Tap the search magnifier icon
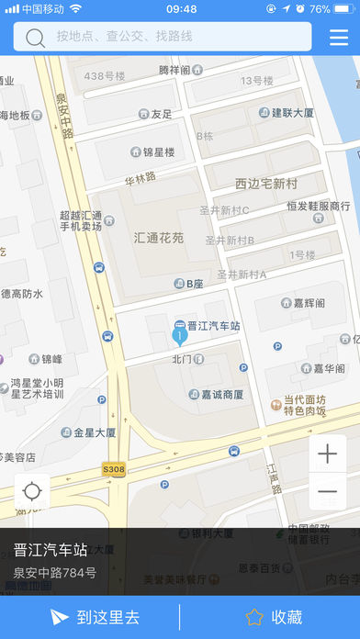coord(36,38)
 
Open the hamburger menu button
coord(339,38)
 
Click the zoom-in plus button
coord(328,454)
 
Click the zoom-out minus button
coord(328,493)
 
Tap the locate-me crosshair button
coord(32,491)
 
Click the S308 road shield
coord(113,469)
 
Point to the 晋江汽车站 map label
coord(213,326)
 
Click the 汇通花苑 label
coord(158,238)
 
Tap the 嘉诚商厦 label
coord(220,395)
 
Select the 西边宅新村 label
coord(266,184)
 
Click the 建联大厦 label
coord(292,113)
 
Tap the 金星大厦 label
coord(95,432)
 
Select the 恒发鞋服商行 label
coord(318,206)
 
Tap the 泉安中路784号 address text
coord(54,574)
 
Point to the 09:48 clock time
coord(181,9)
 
